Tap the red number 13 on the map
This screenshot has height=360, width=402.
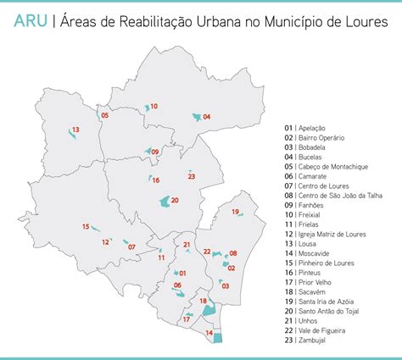75,130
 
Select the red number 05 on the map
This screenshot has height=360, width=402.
104,114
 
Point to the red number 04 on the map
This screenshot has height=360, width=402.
207,116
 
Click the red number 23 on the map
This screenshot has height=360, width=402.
192,176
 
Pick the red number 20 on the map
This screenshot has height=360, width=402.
175,200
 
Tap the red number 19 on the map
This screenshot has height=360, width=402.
236,212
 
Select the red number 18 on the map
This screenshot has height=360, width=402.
203,301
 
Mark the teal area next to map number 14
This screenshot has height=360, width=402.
217,338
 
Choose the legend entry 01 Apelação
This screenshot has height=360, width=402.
306,128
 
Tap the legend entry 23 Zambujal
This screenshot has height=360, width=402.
308,341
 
